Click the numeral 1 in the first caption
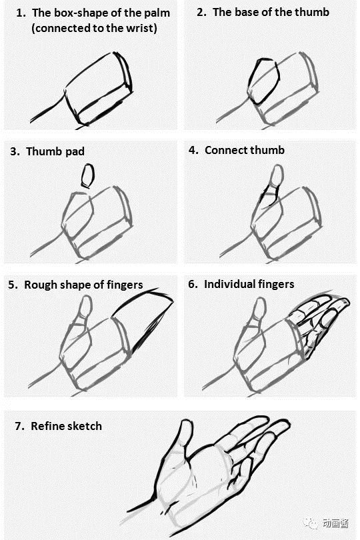[x=20, y=13]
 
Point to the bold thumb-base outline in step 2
[x=249, y=83]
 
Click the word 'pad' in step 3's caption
[x=75, y=151]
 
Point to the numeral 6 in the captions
[x=191, y=285]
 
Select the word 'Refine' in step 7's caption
[x=47, y=426]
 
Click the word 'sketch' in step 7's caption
[x=84, y=426]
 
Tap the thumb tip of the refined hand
[x=187, y=422]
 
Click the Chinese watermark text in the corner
[x=335, y=523]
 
